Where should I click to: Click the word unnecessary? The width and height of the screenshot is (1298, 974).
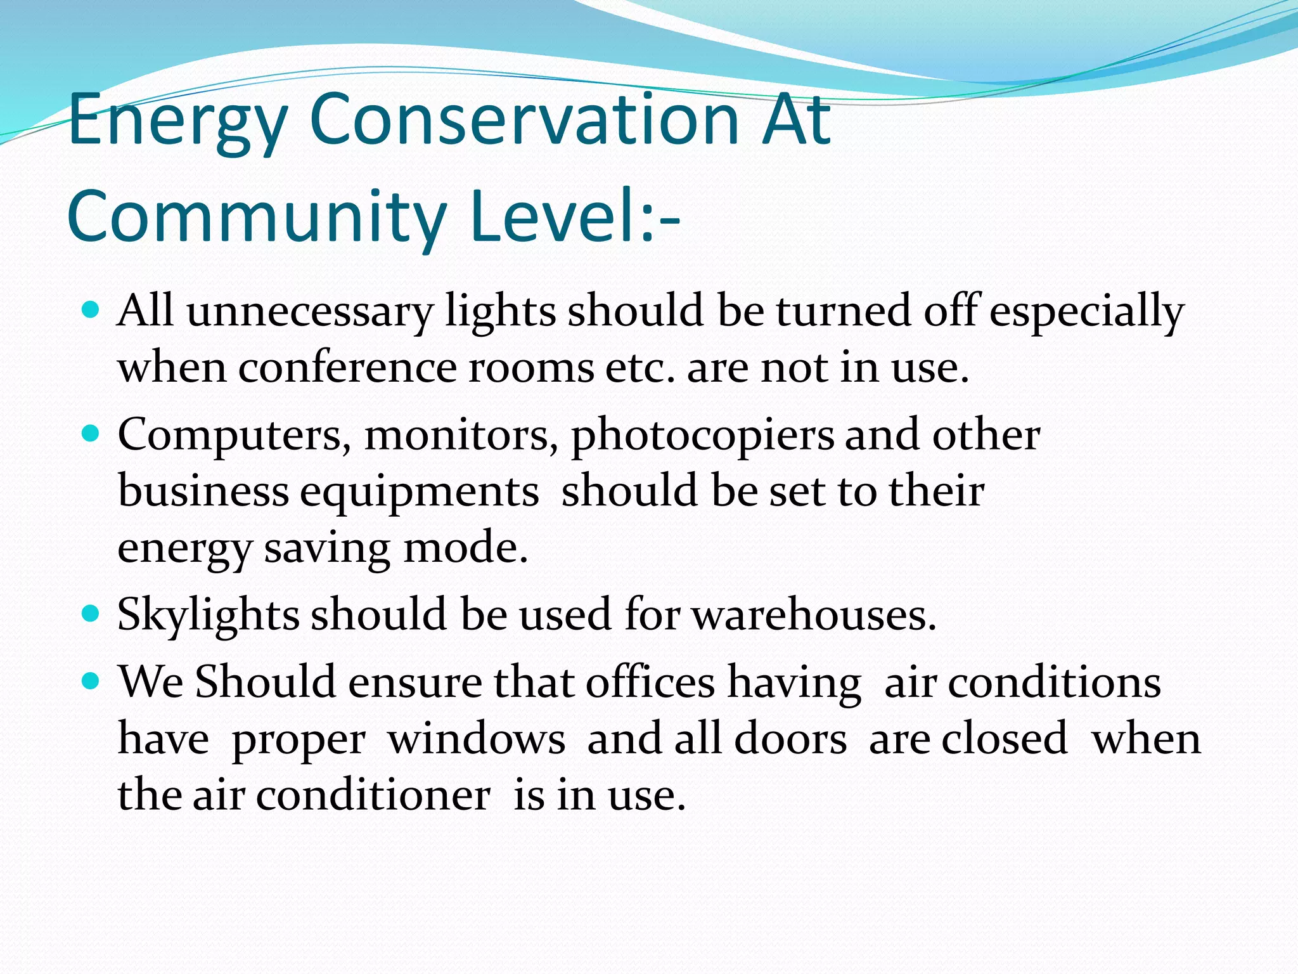coord(309,311)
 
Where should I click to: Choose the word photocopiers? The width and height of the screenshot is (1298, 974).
coord(702,436)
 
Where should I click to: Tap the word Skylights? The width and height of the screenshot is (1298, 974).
coord(208,615)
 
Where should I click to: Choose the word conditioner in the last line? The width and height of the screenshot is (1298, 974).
coord(373,795)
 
